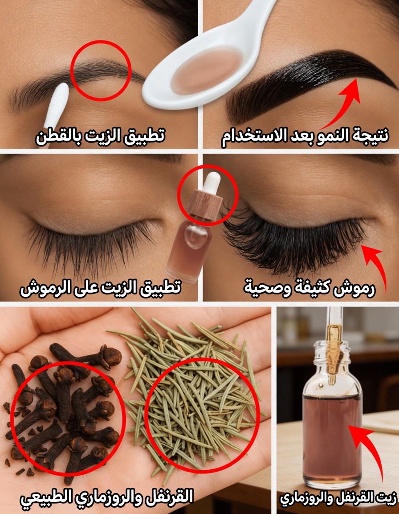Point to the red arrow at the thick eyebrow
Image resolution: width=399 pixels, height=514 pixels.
click(342, 103)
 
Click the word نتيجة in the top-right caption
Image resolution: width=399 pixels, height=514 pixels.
click(371, 135)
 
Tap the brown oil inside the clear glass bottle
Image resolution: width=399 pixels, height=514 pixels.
click(332, 439)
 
